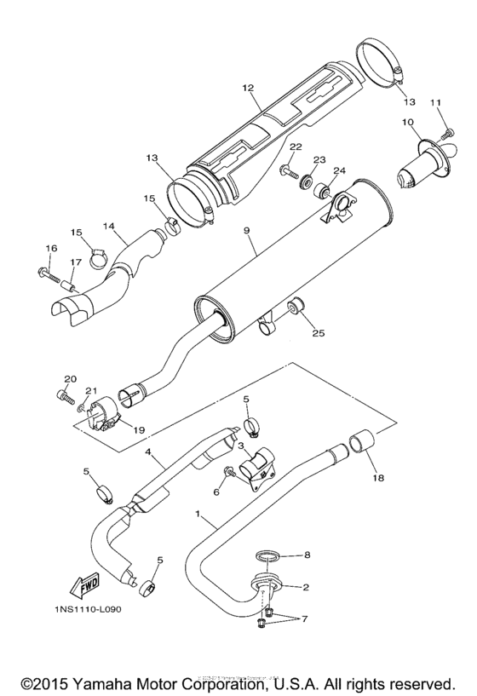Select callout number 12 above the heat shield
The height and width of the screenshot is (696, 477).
pos(248,88)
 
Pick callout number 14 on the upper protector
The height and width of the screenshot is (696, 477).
pos(109,227)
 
